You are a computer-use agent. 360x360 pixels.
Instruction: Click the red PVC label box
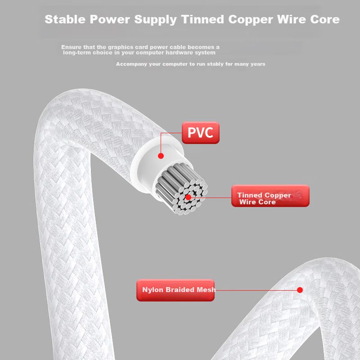(201, 133)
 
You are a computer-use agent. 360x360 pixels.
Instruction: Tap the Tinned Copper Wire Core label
(270, 196)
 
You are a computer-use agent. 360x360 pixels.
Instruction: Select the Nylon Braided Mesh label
(175, 290)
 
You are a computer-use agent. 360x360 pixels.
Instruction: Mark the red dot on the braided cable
(300, 290)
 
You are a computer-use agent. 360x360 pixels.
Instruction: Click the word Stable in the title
(65, 20)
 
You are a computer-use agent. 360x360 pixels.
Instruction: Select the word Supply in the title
(153, 20)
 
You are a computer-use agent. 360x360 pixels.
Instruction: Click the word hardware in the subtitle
(180, 53)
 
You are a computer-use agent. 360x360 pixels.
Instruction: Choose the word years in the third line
(257, 64)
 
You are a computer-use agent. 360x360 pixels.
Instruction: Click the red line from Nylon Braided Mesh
(256, 290)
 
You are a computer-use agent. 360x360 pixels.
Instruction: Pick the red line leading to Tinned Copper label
(211, 197)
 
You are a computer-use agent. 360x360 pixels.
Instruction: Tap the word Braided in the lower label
(179, 290)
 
